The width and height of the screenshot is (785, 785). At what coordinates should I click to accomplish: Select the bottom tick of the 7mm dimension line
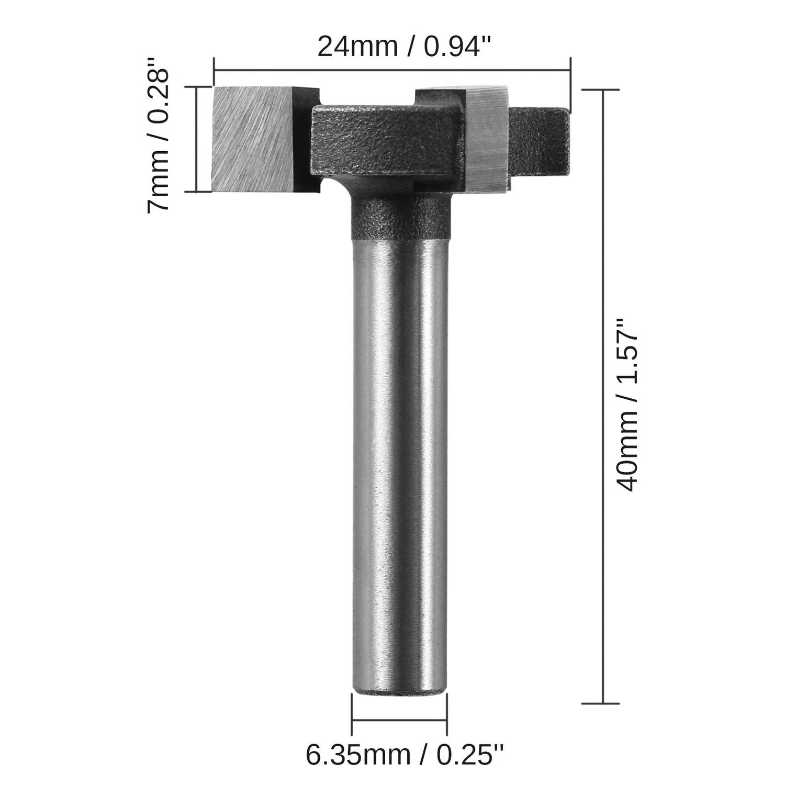196,192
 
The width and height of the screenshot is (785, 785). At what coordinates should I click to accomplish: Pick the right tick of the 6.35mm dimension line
446,720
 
